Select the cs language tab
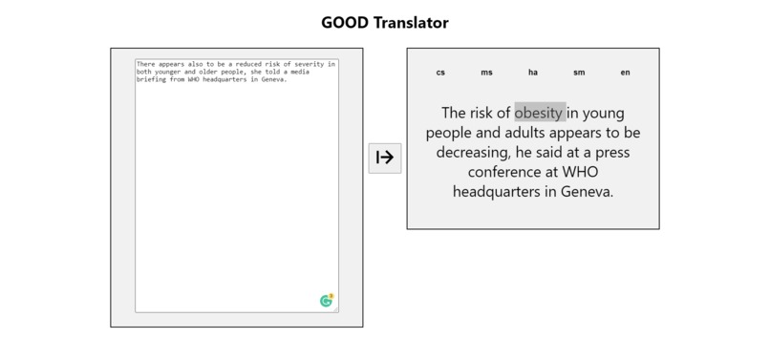(x=440, y=73)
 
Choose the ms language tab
(x=486, y=73)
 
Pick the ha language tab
(x=533, y=73)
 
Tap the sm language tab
(x=579, y=73)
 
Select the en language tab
(x=625, y=73)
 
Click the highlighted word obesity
(x=540, y=112)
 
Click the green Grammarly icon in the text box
(x=327, y=301)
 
